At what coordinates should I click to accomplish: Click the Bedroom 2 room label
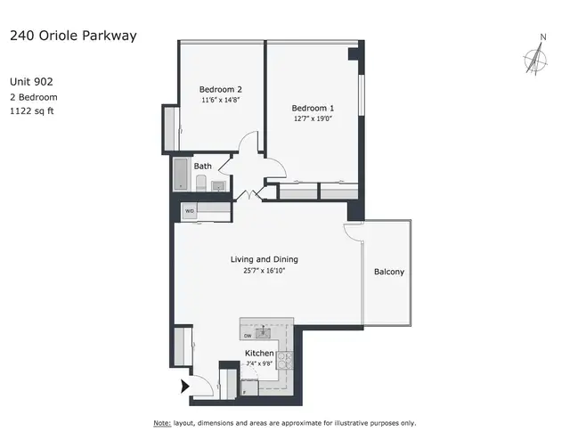click(x=220, y=89)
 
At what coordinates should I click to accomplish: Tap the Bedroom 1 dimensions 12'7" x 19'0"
click(x=313, y=118)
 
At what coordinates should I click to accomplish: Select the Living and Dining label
click(x=265, y=259)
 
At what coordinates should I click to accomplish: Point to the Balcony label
click(x=389, y=272)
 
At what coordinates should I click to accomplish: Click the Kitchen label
click(x=259, y=353)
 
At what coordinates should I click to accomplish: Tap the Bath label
click(x=202, y=167)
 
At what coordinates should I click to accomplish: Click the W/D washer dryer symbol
click(x=190, y=211)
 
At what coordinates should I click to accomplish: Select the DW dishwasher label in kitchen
click(x=248, y=336)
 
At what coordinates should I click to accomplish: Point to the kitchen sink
click(x=263, y=332)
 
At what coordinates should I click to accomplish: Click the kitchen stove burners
click(x=285, y=360)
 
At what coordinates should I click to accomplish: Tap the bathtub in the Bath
click(x=181, y=174)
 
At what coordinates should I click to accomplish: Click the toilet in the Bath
click(x=201, y=183)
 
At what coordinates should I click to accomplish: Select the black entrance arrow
click(x=185, y=387)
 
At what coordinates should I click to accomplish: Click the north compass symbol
click(x=536, y=59)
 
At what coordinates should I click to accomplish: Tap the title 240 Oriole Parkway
click(x=73, y=36)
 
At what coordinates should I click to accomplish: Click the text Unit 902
click(x=32, y=81)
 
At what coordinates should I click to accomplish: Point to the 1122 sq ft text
click(x=32, y=111)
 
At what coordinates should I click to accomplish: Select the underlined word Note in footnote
click(x=162, y=423)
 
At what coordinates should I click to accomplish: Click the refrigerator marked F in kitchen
click(x=249, y=387)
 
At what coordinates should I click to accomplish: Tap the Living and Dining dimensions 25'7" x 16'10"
click(x=265, y=271)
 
